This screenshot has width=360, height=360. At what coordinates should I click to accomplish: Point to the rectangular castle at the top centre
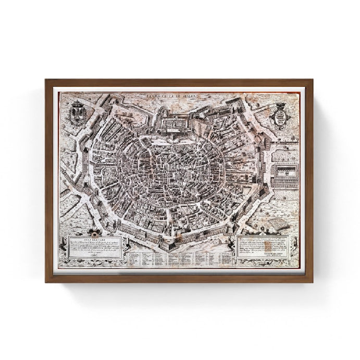point(180,126)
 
